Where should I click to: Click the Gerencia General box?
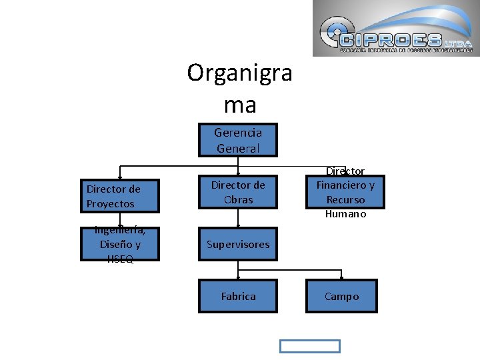coord(238,140)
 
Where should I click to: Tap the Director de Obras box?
coord(238,192)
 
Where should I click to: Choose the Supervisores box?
coord(238,244)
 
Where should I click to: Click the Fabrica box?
coord(238,296)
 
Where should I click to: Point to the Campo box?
coord(341,296)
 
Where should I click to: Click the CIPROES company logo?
coord(396,28)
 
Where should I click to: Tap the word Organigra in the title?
coord(239,72)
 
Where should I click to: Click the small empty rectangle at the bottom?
coord(309,346)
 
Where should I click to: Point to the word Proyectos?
coord(111,204)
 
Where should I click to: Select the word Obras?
coord(238,199)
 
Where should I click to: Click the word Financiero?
coord(345,185)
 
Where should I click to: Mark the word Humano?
coord(345,214)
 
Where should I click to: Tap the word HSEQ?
coord(120,259)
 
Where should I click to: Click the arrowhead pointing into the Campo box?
coord(341,277)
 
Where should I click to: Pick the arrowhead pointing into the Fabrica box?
coord(238,277)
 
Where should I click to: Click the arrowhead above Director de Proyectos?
coord(120,177)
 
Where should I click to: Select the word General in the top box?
coord(238,148)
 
